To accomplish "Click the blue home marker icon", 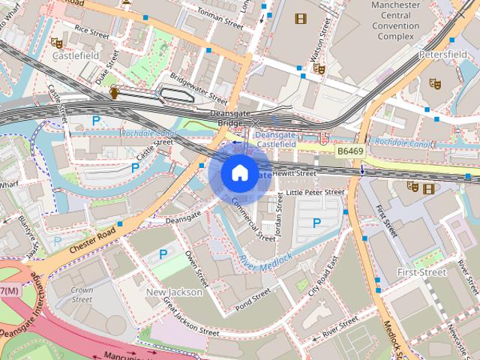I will click(x=238, y=172).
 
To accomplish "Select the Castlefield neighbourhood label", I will click(x=76, y=55).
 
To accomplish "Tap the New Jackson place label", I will click(x=174, y=292).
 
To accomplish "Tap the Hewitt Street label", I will click(x=295, y=173).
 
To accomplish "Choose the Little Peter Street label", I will click(x=315, y=192).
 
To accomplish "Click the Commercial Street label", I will click(x=253, y=219).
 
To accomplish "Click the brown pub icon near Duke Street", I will click(x=114, y=92).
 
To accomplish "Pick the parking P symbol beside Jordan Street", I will click(x=316, y=223).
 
